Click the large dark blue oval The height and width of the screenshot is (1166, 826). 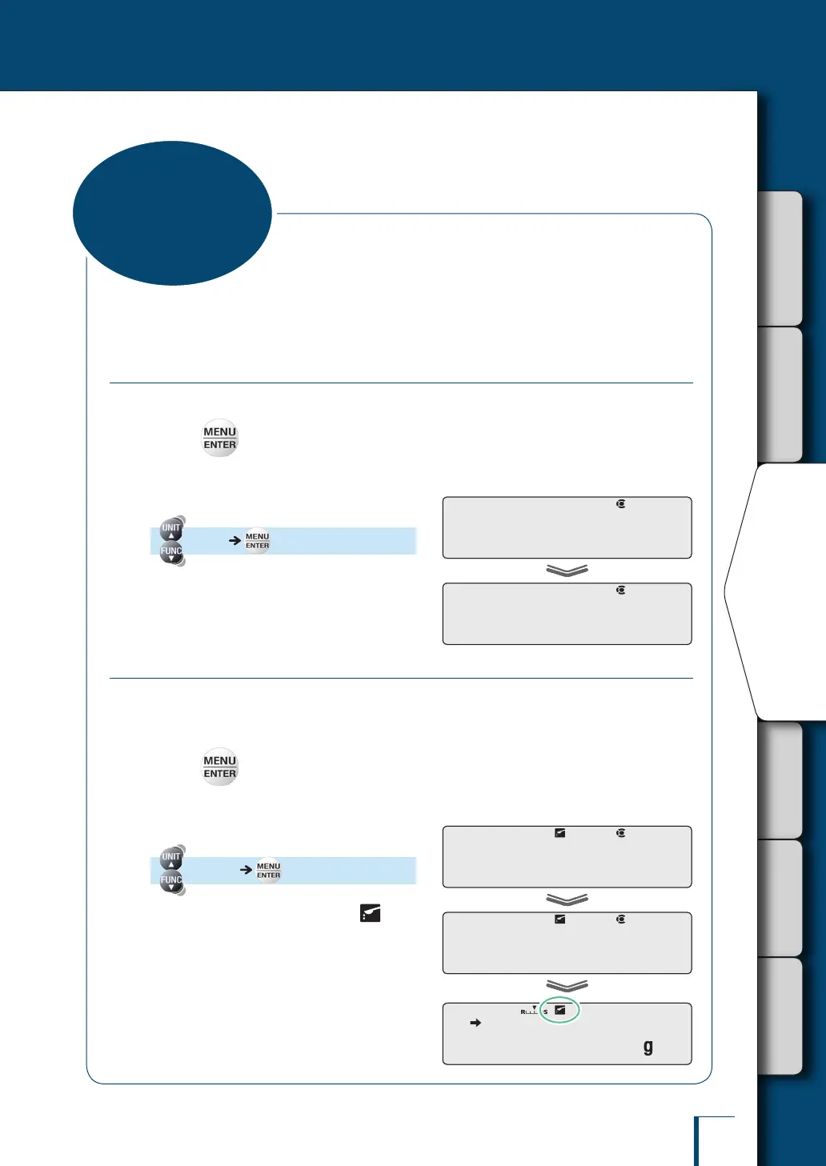(172, 213)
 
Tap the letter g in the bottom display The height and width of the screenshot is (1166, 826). (648, 1047)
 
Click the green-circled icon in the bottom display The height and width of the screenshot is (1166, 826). (560, 1010)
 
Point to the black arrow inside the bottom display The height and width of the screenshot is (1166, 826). (475, 1023)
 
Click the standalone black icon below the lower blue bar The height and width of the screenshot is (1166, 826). (370, 913)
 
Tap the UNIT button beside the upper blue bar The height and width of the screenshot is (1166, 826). (171, 529)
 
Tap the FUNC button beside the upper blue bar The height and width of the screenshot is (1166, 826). (171, 552)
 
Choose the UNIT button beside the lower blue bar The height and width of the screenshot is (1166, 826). (171, 858)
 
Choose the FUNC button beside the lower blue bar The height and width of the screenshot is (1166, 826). (171, 881)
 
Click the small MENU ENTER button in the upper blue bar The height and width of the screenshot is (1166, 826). (257, 541)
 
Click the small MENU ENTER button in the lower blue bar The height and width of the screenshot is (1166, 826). (268, 871)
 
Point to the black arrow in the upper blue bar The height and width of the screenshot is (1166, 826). (235, 541)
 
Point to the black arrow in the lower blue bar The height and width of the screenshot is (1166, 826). (247, 870)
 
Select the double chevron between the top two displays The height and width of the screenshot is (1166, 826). (567, 571)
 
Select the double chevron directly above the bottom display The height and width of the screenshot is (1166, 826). (567, 986)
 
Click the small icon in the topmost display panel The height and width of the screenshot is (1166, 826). (620, 504)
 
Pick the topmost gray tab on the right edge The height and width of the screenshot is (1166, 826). (780, 258)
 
